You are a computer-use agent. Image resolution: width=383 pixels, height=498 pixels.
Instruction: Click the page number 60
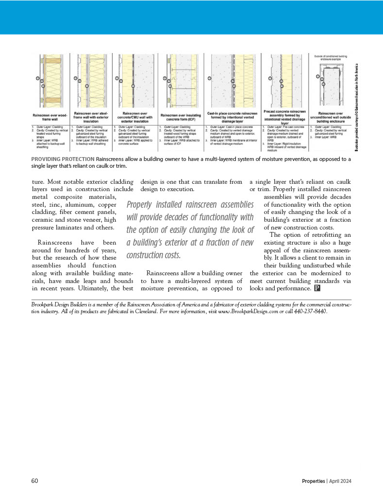coord(34,481)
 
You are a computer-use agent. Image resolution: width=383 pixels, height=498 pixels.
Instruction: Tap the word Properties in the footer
coord(313,481)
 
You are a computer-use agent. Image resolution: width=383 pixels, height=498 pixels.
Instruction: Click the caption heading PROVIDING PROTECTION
coord(63,159)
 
